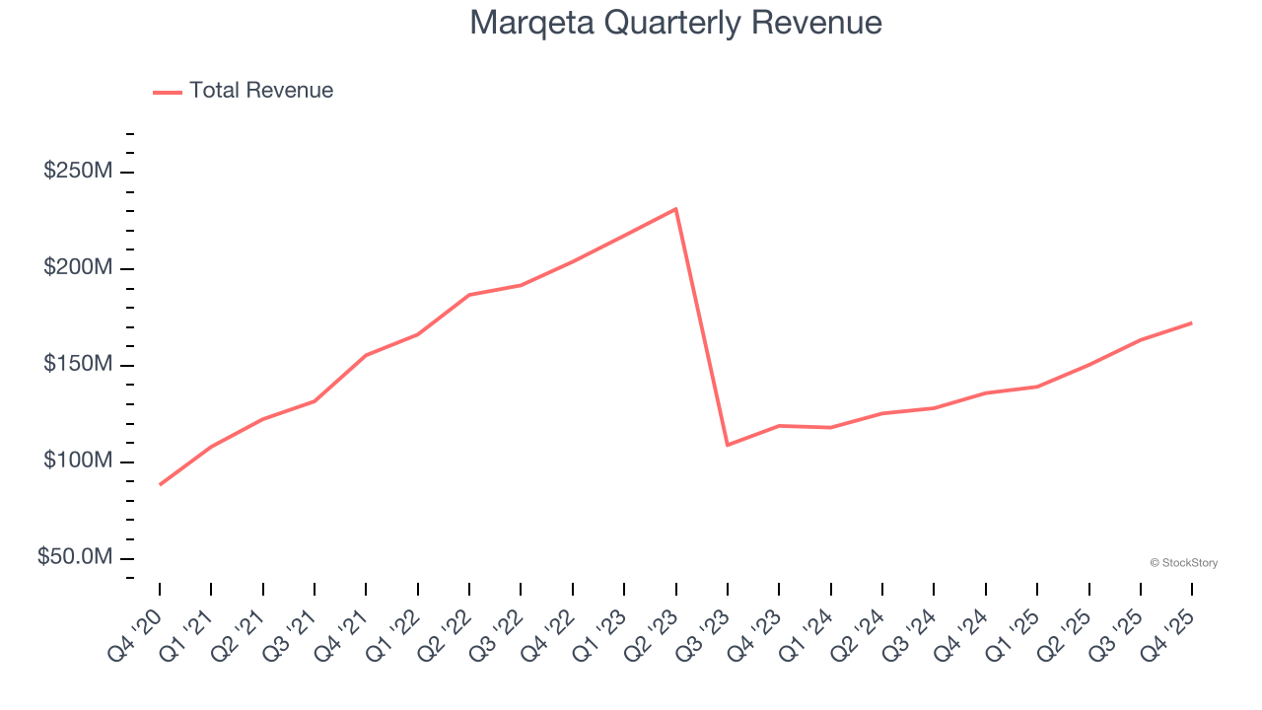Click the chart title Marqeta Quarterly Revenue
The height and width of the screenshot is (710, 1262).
(x=675, y=23)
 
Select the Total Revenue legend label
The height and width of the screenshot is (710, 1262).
(x=261, y=91)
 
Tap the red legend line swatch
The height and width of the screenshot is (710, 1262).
(x=168, y=92)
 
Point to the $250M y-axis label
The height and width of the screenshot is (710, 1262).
(x=78, y=172)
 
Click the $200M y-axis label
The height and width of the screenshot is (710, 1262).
(x=78, y=268)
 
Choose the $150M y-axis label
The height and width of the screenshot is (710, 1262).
(x=78, y=365)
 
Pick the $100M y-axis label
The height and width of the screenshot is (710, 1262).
(x=78, y=461)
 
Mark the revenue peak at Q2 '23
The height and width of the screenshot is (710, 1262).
(x=675, y=209)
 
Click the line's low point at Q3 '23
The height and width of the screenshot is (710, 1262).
(x=728, y=445)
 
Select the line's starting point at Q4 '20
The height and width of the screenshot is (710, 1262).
(x=160, y=484)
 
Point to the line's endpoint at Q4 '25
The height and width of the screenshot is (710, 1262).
(x=1191, y=322)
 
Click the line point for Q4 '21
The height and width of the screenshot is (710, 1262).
(x=366, y=355)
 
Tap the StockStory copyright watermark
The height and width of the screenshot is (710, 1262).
(x=1183, y=563)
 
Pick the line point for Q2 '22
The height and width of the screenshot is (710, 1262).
(x=469, y=295)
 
